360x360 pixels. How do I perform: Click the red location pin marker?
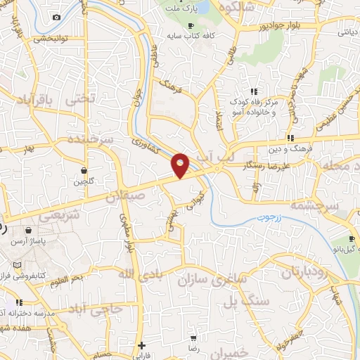pyautogui.click(x=181, y=165)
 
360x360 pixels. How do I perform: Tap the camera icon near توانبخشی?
pyautogui.click(x=57, y=17)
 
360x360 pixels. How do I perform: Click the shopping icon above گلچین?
pyautogui.click(x=84, y=170)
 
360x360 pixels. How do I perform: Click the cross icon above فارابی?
pyautogui.click(x=143, y=345)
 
